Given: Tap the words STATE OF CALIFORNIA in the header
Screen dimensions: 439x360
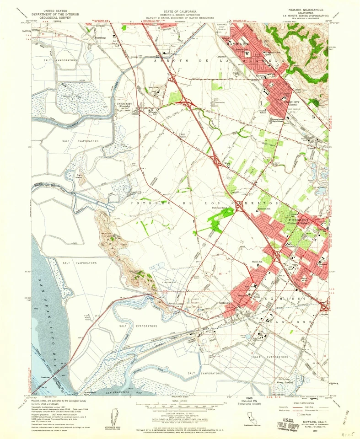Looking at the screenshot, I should (x=180, y=10).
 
